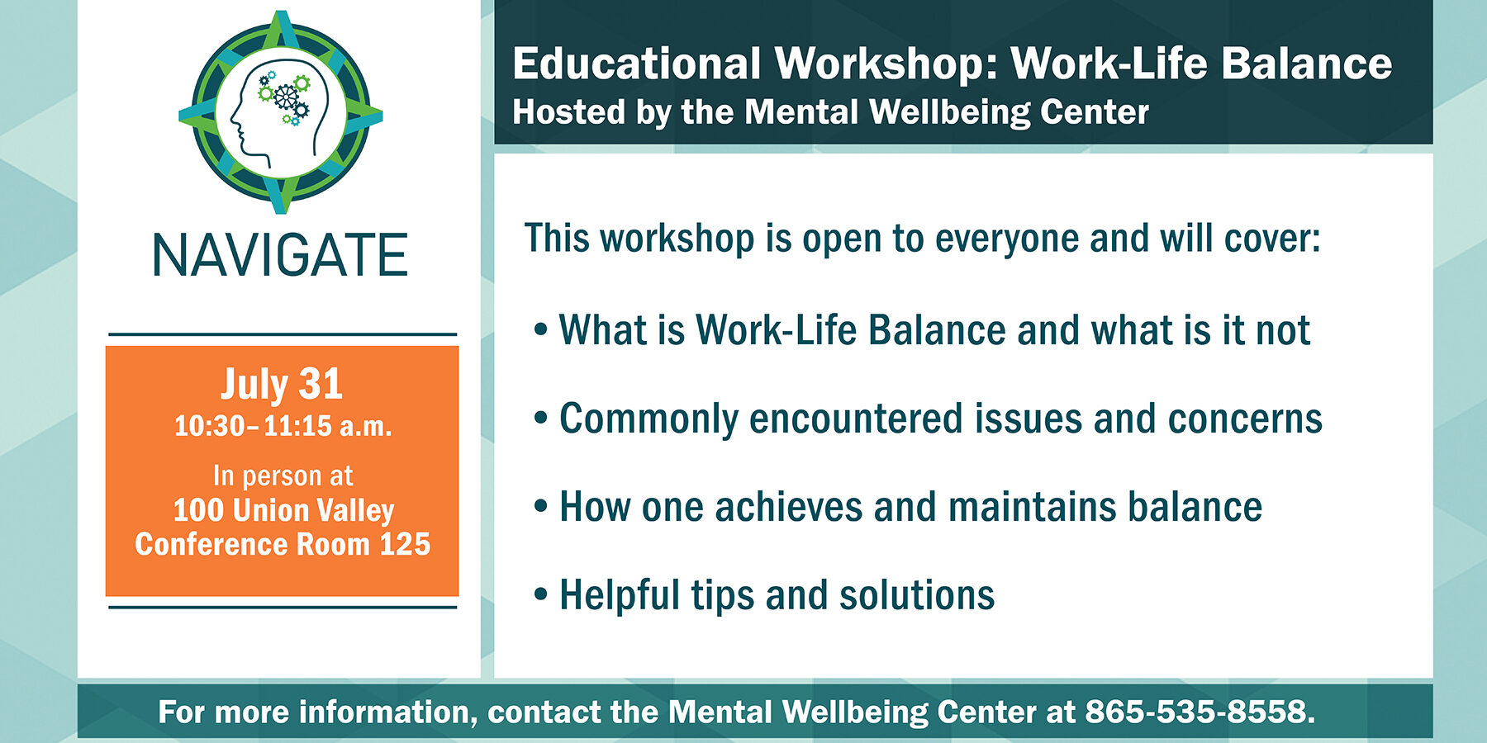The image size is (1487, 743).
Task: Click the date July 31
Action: tap(282, 385)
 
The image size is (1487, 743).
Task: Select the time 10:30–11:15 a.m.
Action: tap(283, 426)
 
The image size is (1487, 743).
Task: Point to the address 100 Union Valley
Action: tap(283, 511)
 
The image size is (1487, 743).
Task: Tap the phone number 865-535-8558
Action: tap(1200, 712)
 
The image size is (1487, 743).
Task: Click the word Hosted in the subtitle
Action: tap(568, 112)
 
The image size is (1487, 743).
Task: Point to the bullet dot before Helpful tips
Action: tap(541, 594)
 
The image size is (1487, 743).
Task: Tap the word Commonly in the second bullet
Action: tap(648, 419)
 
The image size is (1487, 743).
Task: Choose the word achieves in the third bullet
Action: tap(789, 507)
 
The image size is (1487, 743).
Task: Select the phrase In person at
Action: tap(283, 476)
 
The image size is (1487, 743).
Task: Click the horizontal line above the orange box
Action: tap(283, 334)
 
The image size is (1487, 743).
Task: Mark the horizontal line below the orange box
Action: tap(283, 607)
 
